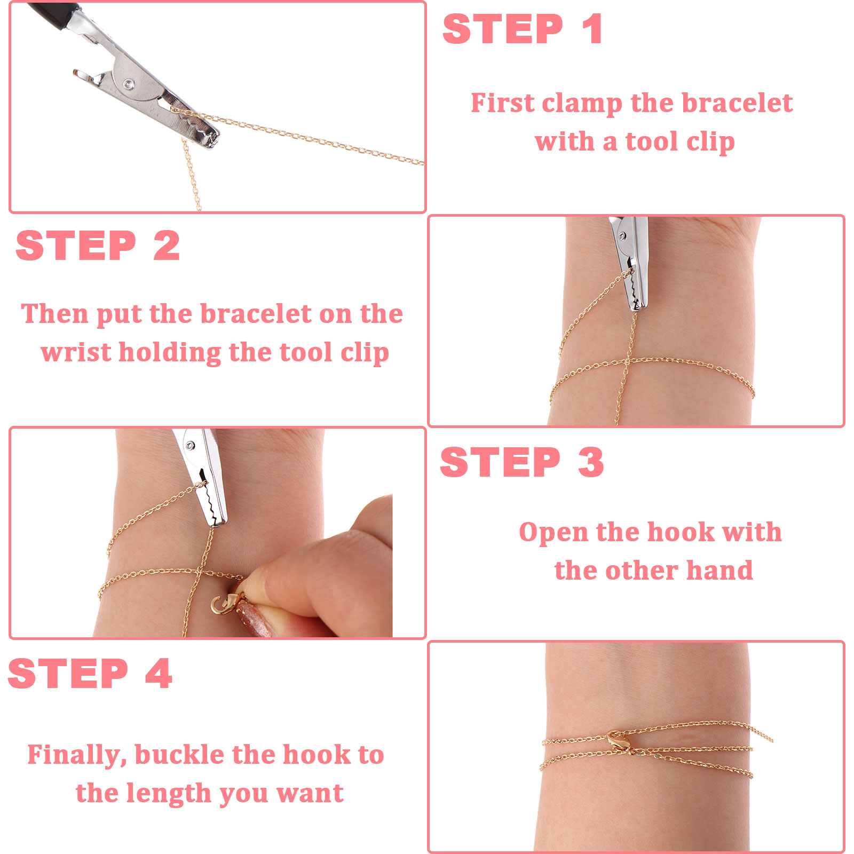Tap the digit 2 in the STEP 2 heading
point(167,246)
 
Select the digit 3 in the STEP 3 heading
point(591,462)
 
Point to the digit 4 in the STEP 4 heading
point(159,673)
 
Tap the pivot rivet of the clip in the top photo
point(129,83)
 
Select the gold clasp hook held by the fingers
point(223,604)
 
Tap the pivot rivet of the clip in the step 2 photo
point(622,235)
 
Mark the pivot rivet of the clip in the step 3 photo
point(190,446)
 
